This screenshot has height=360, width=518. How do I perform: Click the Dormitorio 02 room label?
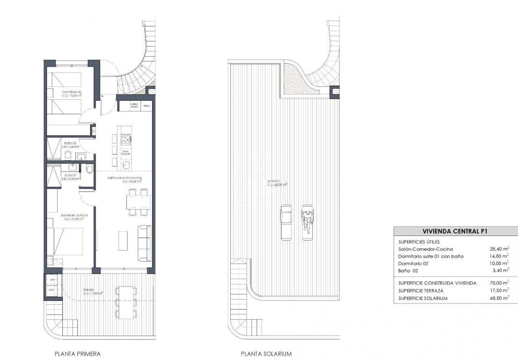(71, 92)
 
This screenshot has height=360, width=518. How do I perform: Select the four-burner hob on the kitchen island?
(126, 140)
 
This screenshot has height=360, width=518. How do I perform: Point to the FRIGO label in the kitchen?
(146, 106)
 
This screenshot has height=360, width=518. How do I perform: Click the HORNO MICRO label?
(135, 106)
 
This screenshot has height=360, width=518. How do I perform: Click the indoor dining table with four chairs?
(137, 201)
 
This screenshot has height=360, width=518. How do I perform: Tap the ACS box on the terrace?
(52, 290)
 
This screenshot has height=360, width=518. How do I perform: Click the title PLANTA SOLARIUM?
(266, 354)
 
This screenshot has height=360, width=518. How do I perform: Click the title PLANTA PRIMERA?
(77, 354)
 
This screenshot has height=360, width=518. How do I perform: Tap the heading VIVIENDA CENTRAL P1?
(452, 231)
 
